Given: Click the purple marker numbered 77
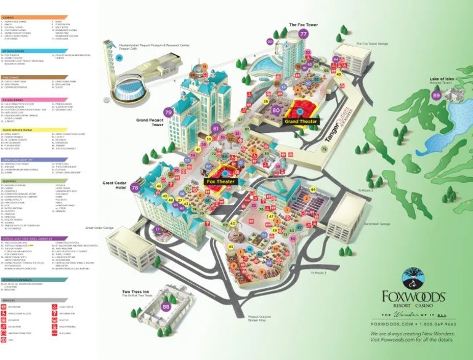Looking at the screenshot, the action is (302, 34).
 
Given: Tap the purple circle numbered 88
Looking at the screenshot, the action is (166, 306).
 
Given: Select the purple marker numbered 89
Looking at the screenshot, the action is (437, 95).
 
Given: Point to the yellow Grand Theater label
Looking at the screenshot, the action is (301, 122).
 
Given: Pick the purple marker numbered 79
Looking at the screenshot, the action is (168, 113).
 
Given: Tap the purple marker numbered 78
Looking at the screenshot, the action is (135, 186).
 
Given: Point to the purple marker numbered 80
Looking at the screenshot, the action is (276, 111).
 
